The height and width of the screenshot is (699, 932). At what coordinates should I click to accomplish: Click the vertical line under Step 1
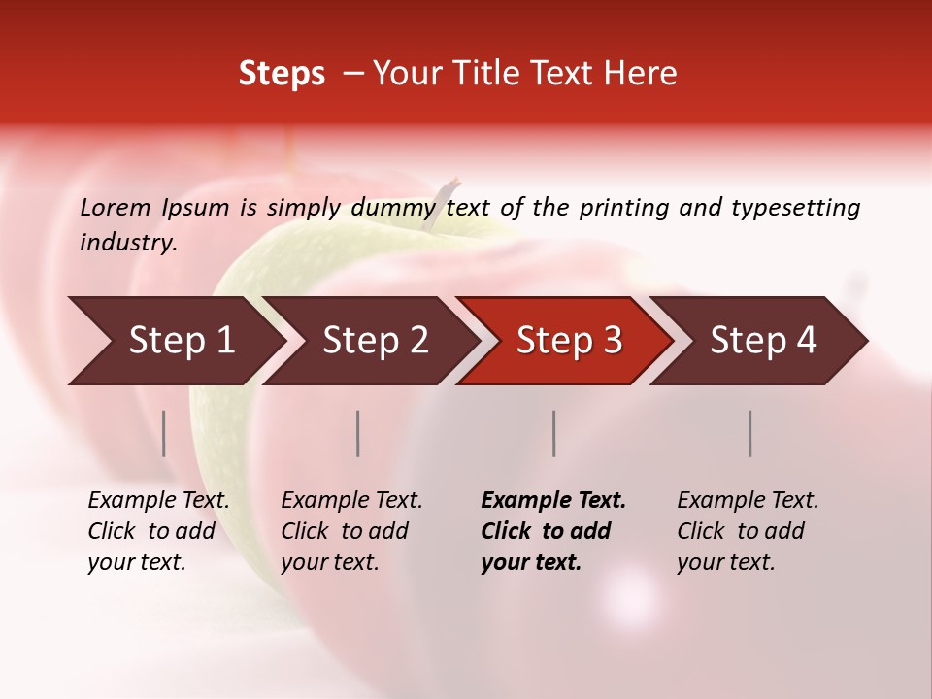click(164, 433)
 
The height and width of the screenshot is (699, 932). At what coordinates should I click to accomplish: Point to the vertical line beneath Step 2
click(358, 433)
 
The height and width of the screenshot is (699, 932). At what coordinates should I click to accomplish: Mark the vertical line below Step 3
click(554, 433)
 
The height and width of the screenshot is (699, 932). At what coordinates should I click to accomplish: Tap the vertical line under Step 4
click(750, 433)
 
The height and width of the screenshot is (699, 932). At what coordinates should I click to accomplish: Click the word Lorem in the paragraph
click(116, 208)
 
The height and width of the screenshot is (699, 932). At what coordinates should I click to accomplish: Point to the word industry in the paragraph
click(128, 243)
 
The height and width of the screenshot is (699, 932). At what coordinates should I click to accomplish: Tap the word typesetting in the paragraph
click(795, 208)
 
